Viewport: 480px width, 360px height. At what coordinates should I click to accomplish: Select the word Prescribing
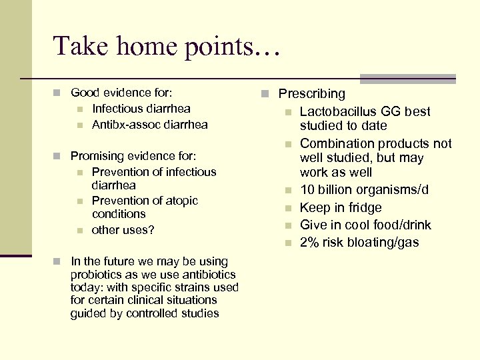pos(311,94)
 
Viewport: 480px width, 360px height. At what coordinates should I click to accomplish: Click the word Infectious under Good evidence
pos(117,109)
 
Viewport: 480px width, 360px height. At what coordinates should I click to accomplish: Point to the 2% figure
pos(308,242)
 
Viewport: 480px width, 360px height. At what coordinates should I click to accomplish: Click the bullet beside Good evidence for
pos(57,93)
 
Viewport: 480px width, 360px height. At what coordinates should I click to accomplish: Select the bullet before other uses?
pos(79,231)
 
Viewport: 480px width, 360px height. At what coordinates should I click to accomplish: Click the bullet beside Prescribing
pos(265,94)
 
